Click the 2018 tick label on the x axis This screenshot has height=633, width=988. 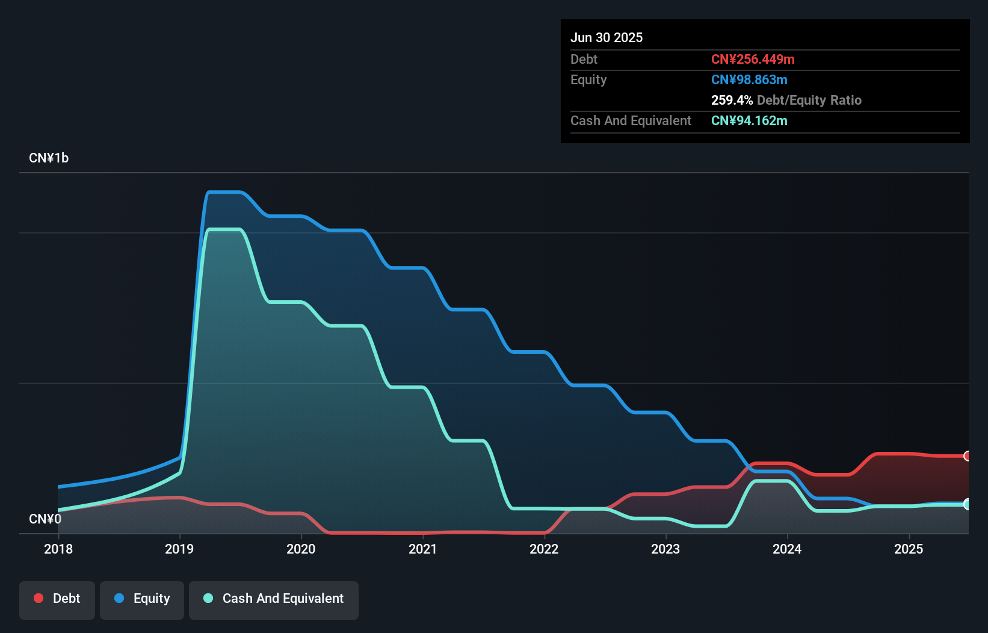click(58, 549)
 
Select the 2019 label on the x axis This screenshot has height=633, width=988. click(179, 549)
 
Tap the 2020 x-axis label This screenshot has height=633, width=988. click(301, 549)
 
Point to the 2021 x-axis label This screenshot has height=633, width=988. click(422, 549)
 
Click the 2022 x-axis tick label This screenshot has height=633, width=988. click(544, 549)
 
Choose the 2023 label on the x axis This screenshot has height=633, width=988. click(665, 549)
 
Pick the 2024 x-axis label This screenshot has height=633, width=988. click(787, 549)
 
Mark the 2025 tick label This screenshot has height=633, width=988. click(909, 549)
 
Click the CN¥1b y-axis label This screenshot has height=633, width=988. click(49, 158)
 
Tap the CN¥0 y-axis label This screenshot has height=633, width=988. click(45, 519)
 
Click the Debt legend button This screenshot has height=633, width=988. click(57, 599)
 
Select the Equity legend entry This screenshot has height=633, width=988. click(142, 599)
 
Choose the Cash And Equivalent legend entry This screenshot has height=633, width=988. click(274, 599)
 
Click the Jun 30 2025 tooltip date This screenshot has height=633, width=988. click(607, 37)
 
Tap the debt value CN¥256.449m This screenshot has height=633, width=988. click(753, 59)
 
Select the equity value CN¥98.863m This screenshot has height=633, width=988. click(749, 79)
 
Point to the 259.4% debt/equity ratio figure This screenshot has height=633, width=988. click(732, 100)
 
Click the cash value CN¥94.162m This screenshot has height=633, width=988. click(749, 120)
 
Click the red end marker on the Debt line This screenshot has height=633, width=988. click(967, 456)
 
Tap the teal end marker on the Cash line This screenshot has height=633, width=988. click(967, 504)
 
